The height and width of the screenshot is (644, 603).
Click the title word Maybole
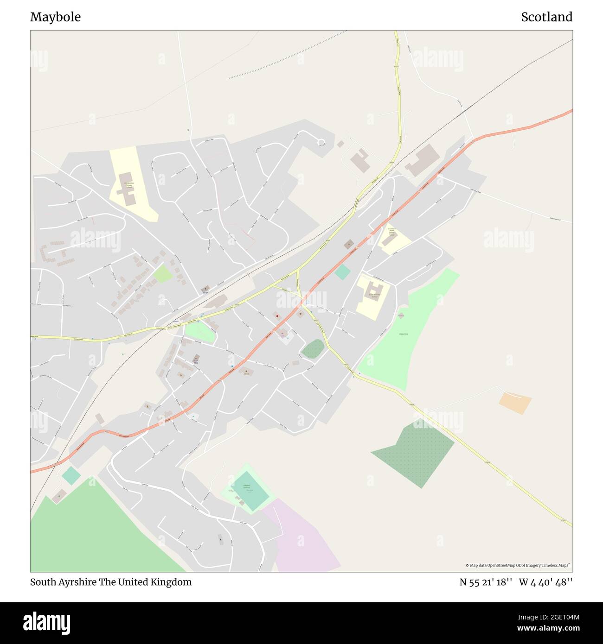[x=55, y=17]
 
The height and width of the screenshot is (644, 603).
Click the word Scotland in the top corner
[x=546, y=17]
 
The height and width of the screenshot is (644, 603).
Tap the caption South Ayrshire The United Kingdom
[x=111, y=582]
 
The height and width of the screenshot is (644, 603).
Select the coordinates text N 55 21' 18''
[x=486, y=582]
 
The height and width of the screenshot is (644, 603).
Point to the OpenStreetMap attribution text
[x=518, y=565]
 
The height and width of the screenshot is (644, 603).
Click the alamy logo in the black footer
[x=46, y=622]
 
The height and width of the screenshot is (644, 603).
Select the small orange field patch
[x=515, y=403]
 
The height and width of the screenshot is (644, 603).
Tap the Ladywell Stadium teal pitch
[x=250, y=491]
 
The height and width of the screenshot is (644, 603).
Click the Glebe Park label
[x=403, y=334]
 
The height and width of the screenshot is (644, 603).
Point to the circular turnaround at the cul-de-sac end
[x=321, y=142]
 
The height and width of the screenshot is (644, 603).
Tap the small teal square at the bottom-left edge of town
[x=71, y=475]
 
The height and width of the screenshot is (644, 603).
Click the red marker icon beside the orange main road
[x=277, y=316]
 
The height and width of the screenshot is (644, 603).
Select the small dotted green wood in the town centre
[x=313, y=348]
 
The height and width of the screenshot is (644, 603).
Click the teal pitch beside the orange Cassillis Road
[x=342, y=272]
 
